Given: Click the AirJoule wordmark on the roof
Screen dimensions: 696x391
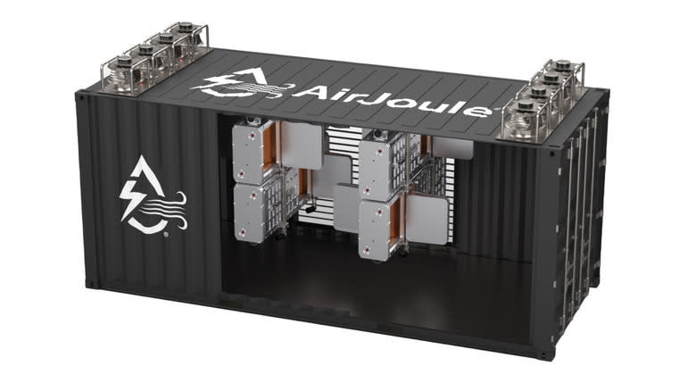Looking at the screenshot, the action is (x=392, y=100).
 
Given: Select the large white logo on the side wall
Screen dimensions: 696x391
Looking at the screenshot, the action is (x=153, y=195).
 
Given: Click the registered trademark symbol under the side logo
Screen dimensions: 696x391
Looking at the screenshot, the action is (x=166, y=234).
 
